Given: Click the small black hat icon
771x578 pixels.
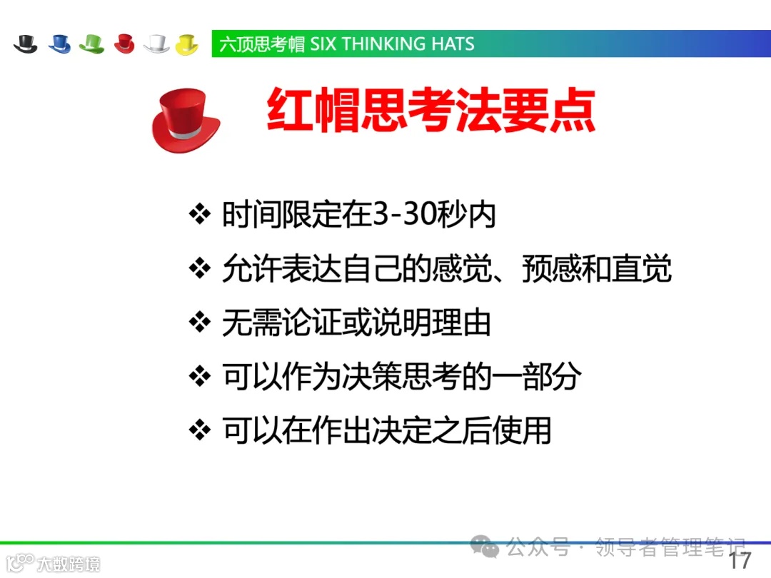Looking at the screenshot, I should [26, 44].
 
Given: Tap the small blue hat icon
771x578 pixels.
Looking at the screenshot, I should [59, 44].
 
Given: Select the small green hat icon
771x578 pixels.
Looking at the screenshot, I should [92, 44].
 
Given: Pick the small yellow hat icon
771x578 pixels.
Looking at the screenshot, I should [186, 44].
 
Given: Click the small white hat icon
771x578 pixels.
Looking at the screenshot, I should [156, 44].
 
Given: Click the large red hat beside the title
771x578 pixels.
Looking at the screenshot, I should [185, 118].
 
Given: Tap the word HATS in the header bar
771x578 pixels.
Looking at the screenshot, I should [453, 44].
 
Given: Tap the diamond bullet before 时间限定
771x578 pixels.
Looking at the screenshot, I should [200, 215].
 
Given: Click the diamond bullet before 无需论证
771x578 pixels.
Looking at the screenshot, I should [200, 323].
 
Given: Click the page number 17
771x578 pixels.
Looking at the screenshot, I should [740, 560].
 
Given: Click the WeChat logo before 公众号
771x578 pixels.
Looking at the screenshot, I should [489, 548].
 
